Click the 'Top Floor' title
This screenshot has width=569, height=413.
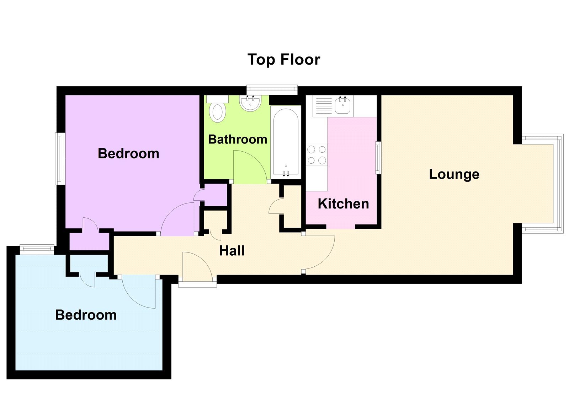point(284,60)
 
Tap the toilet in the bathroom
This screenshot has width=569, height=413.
point(217,110)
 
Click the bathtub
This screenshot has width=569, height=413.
point(285,142)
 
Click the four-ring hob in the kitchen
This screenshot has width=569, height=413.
point(317,155)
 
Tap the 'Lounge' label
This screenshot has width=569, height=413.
point(454,174)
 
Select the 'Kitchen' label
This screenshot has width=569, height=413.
point(343,204)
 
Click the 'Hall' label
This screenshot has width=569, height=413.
point(232,251)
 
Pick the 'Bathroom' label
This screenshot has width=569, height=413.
point(238,139)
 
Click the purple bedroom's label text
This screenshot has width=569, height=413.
point(128,153)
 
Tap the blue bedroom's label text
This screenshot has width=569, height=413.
point(86,315)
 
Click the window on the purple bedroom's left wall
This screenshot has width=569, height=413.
point(60,158)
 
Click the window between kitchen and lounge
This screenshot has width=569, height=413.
point(378,158)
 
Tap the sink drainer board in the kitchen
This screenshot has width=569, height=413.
point(323,105)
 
